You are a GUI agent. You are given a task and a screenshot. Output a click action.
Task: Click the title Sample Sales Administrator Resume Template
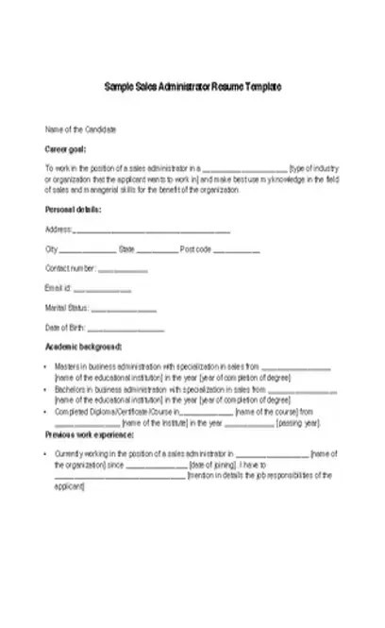click(192, 86)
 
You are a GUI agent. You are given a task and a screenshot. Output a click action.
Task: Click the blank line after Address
click(152, 230)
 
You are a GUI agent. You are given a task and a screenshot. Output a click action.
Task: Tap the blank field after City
click(87, 250)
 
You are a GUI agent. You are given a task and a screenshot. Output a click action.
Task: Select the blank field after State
click(157, 250)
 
